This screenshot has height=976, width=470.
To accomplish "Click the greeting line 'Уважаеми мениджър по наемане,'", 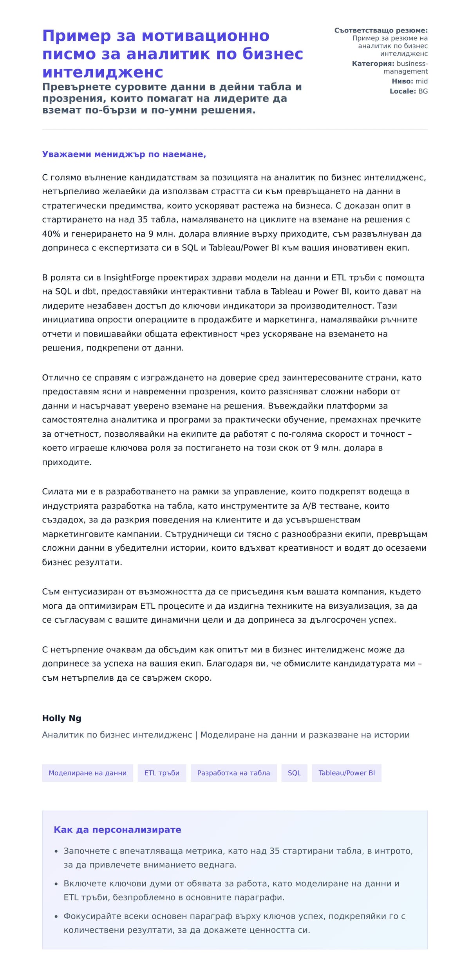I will [x=124, y=154].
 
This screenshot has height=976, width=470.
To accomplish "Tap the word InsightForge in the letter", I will [x=129, y=278].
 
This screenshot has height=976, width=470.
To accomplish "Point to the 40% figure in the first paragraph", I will [x=51, y=234].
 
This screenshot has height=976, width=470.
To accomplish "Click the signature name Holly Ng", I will [x=61, y=718].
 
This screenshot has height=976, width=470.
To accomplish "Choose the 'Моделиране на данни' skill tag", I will [x=87, y=773].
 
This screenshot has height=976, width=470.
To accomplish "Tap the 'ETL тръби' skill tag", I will [x=162, y=773].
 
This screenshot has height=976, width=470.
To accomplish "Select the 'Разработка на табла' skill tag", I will [x=233, y=773].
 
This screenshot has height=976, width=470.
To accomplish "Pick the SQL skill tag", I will [x=294, y=773].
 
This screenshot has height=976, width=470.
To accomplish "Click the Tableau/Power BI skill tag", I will [x=346, y=773].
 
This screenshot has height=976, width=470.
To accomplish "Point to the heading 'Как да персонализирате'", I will [x=117, y=830].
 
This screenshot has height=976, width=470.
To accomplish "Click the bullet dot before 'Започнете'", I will [x=56, y=851].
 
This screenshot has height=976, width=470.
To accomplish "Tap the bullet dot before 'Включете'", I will [x=56, y=884].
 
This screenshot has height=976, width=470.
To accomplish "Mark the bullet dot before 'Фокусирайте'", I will [x=56, y=917].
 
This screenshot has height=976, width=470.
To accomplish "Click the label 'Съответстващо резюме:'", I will [x=381, y=31].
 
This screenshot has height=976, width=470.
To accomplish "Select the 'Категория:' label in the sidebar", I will [x=373, y=63].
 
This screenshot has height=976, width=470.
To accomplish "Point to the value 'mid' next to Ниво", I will [x=421, y=81].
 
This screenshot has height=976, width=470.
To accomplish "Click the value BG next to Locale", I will [x=423, y=91].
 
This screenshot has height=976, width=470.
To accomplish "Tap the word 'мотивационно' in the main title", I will [x=205, y=36].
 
